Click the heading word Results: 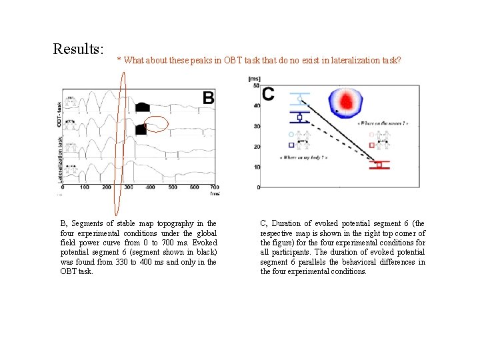(x=79, y=49)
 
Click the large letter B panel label (x=208, y=99)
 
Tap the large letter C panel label (x=268, y=94)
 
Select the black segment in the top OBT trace (x=143, y=107)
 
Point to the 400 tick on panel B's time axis (x=150, y=187)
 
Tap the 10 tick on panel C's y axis (x=257, y=167)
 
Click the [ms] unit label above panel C (x=254, y=79)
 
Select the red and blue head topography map (x=345, y=101)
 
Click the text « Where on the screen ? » (x=383, y=124)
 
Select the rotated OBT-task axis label (x=59, y=114)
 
